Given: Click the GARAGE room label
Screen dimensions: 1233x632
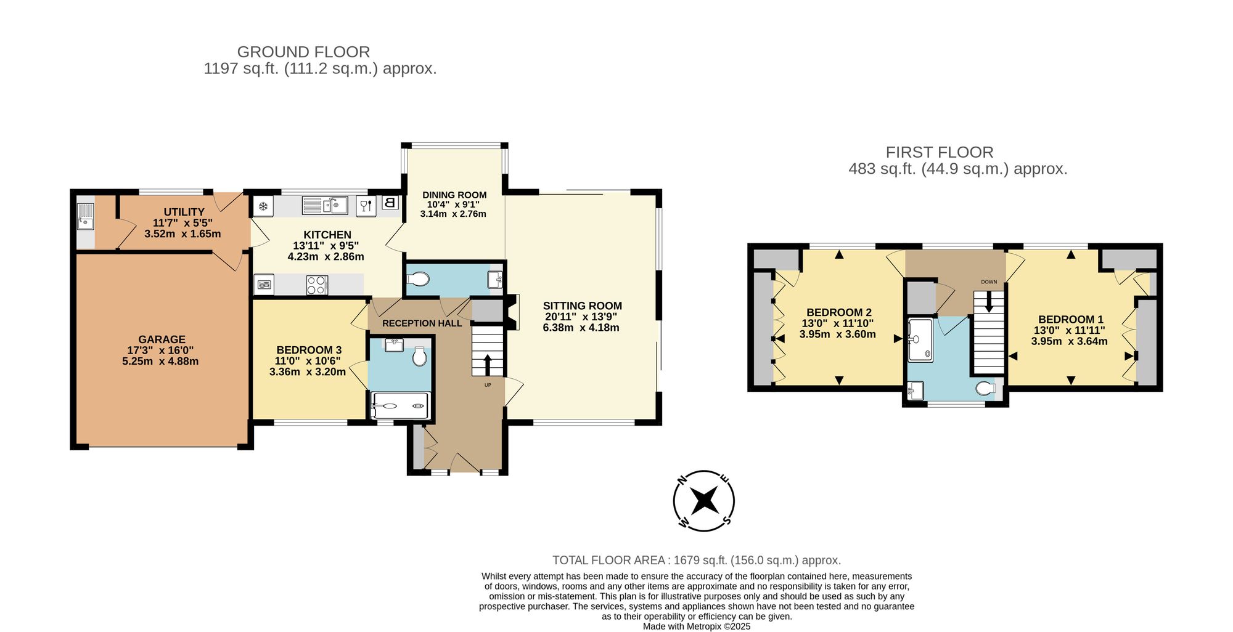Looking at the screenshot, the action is [x=162, y=339].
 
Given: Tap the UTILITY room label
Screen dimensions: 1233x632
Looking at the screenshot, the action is [x=184, y=212].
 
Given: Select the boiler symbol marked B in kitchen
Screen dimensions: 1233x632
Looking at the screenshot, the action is [x=390, y=202].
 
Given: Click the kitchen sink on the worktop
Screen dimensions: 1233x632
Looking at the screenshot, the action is [x=325, y=205].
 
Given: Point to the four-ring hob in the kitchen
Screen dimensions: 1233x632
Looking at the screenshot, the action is [x=317, y=285].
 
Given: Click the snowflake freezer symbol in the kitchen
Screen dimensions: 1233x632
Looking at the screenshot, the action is [x=263, y=206].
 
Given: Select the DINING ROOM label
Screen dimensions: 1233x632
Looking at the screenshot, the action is [x=454, y=195].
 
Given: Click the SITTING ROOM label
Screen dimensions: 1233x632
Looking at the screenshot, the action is [x=582, y=306].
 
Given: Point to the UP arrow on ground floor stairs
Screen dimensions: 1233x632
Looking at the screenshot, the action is [x=488, y=365].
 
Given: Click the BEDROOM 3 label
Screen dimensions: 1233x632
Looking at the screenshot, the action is [x=309, y=350].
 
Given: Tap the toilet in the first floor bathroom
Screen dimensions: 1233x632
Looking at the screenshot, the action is [x=986, y=388].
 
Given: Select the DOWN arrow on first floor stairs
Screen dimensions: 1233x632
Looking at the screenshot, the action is [x=989, y=301].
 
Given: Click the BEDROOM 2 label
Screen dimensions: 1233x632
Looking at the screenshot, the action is [x=839, y=312].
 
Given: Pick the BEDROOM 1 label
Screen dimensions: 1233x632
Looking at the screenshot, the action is [x=1071, y=319].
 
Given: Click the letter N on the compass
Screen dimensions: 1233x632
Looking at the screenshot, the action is [x=682, y=479].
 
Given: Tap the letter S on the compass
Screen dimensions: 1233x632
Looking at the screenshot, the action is [x=727, y=521].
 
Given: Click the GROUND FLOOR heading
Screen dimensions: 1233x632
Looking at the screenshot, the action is [x=303, y=52].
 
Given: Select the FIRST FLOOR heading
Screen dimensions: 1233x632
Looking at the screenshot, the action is [x=940, y=152].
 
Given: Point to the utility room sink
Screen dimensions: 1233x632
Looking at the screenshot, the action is [x=85, y=216].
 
